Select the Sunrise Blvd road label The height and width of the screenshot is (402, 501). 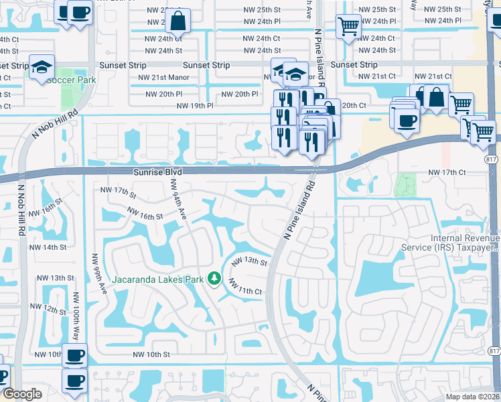click(153, 172)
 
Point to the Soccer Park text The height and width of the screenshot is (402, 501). click(71, 80)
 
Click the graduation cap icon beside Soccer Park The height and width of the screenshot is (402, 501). click(42, 67)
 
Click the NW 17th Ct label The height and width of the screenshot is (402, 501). click(447, 173)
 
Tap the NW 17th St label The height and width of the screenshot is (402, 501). click(118, 192)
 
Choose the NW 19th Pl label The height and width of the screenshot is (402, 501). click(195, 106)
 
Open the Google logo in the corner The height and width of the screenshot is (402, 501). click(22, 394)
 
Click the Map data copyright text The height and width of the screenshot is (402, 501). click(472, 397)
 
